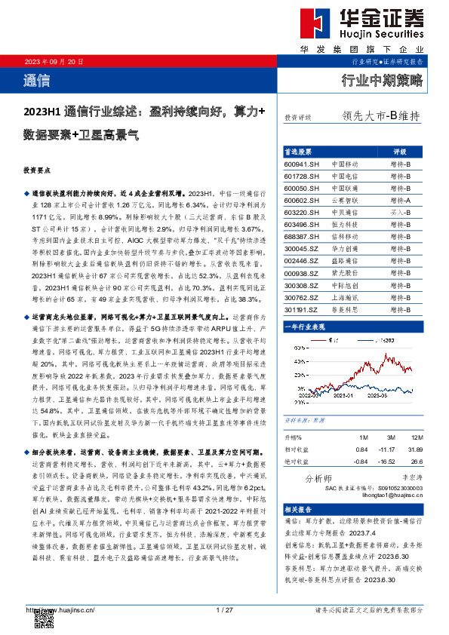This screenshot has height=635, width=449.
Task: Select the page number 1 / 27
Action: [224, 609]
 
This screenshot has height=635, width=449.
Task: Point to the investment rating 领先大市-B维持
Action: [380, 117]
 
